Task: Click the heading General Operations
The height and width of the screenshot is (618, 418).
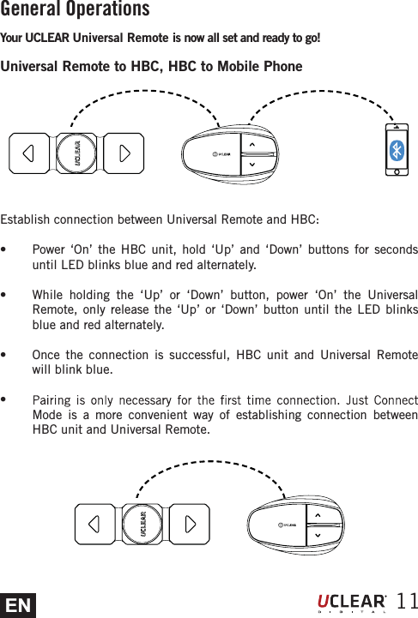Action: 76,10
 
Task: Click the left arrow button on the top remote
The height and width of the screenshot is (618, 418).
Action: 29,154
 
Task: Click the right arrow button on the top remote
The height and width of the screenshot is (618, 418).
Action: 125,154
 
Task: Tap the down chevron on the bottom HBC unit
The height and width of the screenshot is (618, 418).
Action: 318,535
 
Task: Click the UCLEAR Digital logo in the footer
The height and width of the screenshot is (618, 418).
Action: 353,603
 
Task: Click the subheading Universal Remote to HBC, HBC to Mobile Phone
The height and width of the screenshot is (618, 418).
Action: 152,67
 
